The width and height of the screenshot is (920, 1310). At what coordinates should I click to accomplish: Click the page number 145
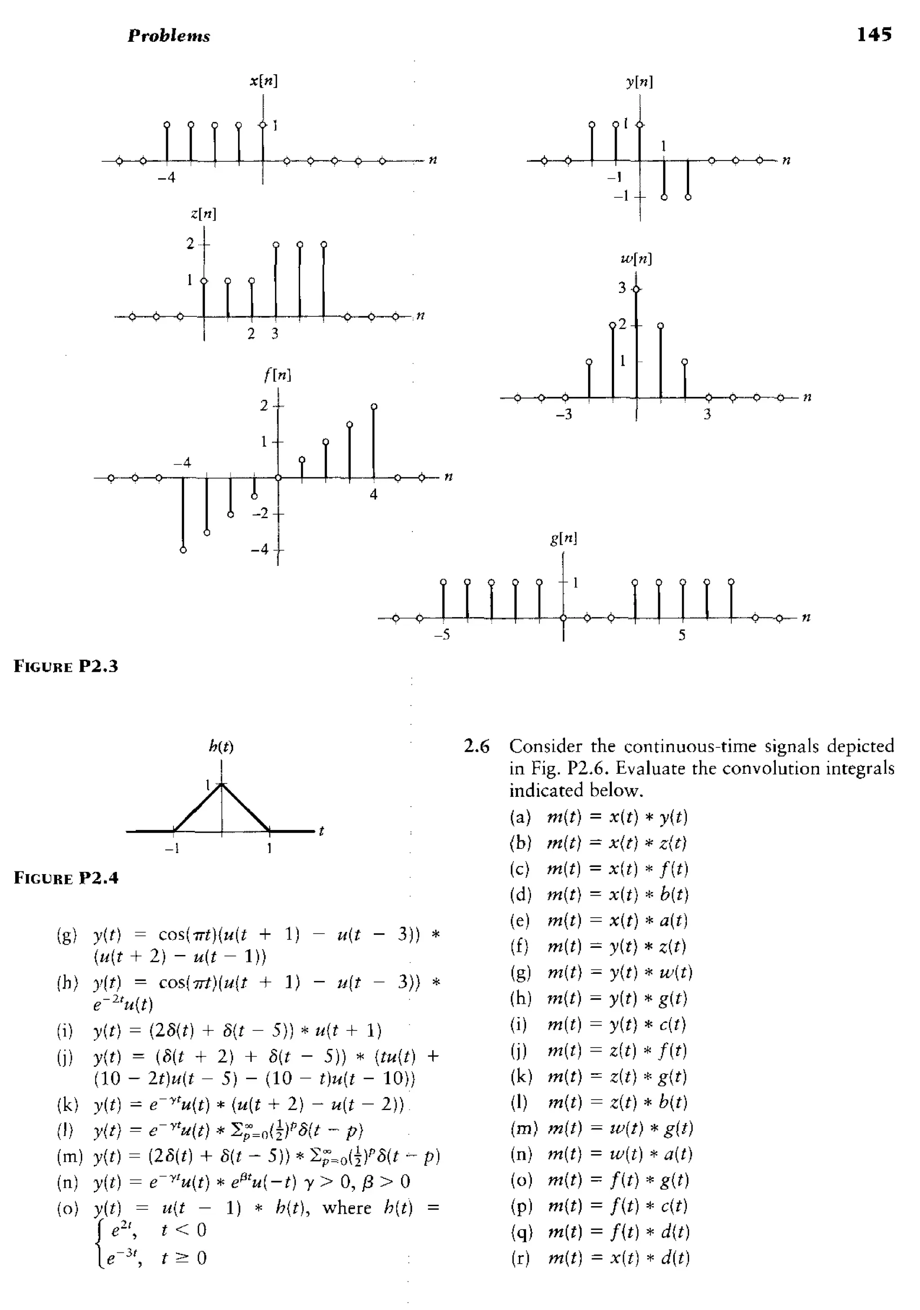tap(874, 35)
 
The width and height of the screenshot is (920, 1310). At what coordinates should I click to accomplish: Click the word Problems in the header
tap(169, 36)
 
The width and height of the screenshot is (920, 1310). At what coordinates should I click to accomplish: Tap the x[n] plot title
tap(264, 81)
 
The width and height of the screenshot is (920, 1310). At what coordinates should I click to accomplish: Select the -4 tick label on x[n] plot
tap(167, 178)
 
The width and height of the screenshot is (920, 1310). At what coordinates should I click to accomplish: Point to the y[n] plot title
tap(639, 82)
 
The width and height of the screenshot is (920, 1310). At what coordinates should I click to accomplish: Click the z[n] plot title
tap(203, 214)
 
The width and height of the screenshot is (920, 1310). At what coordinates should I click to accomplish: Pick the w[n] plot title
tap(636, 259)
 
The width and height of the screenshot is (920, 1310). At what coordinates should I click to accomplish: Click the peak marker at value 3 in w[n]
tap(637, 290)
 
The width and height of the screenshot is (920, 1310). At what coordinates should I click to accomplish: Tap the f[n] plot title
tap(278, 375)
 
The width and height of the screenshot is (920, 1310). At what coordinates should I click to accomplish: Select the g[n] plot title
tap(563, 538)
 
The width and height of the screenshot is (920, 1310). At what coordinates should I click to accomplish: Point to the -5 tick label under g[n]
tap(442, 635)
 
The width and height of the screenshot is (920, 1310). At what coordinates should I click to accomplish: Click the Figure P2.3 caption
tap(66, 666)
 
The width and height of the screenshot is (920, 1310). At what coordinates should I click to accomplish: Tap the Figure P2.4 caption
tap(66, 878)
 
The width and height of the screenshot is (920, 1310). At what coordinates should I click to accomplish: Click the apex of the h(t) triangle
tap(222, 785)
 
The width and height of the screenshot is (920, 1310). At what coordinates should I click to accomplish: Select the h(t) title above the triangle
tap(221, 746)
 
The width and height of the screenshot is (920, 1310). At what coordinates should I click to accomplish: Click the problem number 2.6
tap(476, 746)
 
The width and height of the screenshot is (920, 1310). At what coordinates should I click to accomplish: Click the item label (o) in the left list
tap(67, 1208)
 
